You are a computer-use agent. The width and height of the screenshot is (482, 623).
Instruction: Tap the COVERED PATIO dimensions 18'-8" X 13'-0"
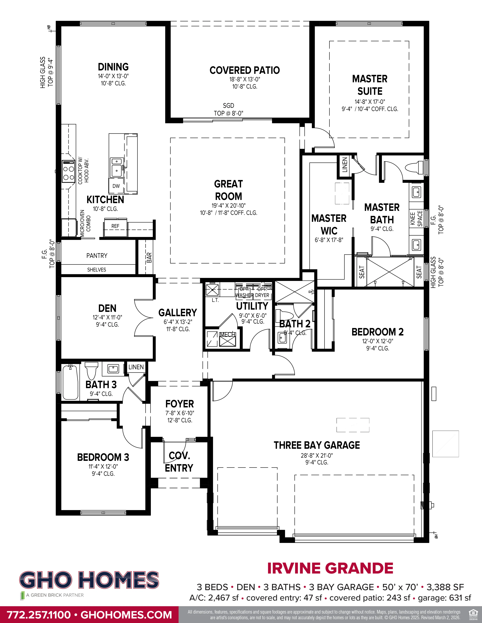pyautogui.click(x=245, y=79)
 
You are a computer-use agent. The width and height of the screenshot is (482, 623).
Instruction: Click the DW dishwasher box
pyautogui.click(x=116, y=186)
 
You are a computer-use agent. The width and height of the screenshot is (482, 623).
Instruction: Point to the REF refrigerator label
pyautogui.click(x=115, y=226)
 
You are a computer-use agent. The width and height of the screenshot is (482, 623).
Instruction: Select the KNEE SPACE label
pyautogui.click(x=416, y=218)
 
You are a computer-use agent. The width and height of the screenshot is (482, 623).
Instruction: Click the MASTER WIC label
pyautogui.click(x=329, y=224)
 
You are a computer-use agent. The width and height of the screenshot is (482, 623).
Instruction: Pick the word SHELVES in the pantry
pyautogui.click(x=97, y=270)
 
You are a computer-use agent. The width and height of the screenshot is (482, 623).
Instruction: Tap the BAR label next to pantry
pyautogui.click(x=149, y=258)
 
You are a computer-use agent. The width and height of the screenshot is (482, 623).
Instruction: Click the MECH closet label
pyautogui.click(x=227, y=335)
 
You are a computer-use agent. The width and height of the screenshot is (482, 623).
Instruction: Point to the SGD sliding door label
pyautogui.click(x=229, y=106)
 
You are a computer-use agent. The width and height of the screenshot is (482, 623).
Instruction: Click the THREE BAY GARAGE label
pyautogui.click(x=317, y=445)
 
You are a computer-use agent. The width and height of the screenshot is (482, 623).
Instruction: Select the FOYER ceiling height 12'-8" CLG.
pyautogui.click(x=180, y=420)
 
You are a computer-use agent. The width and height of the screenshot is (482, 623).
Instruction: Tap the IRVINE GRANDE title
pyautogui.click(x=330, y=568)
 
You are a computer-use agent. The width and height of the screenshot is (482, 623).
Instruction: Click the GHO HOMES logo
pyautogui.click(x=89, y=580)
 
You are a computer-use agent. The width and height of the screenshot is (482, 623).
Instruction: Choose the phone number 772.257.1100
pyautogui.click(x=39, y=615)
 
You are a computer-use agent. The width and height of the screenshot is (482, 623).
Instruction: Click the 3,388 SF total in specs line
pyautogui.click(x=445, y=587)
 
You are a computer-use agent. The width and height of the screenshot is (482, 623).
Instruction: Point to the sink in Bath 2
pyautogui.click(x=282, y=338)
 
